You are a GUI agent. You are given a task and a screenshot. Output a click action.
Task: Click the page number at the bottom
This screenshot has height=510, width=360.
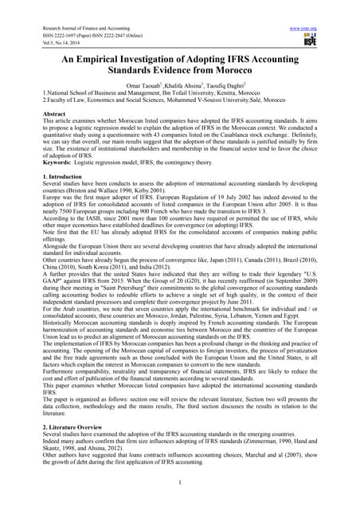pos(180,481)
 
